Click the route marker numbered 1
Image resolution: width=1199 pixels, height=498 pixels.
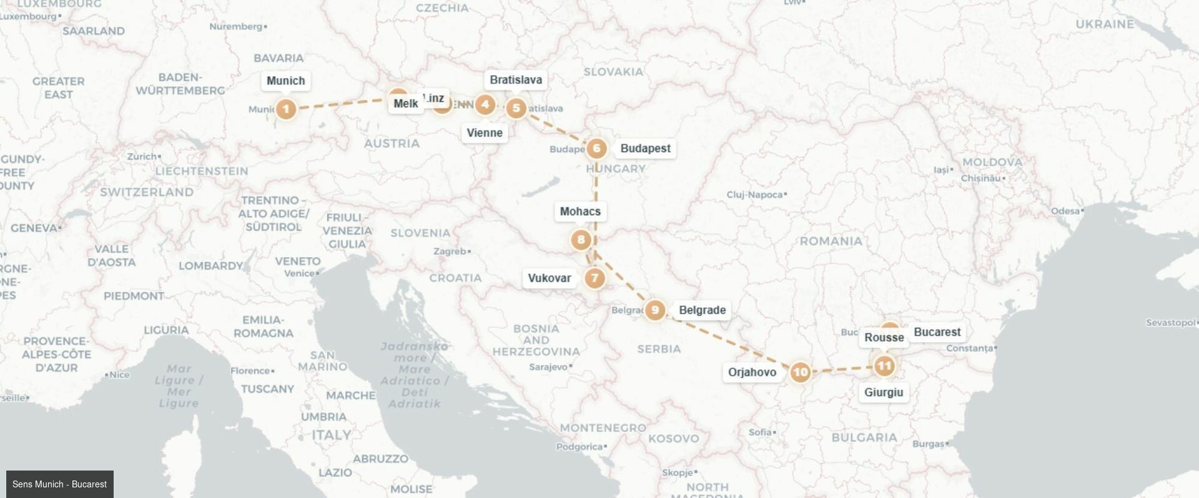[x=286, y=109]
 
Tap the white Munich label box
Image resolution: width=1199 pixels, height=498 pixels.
[x=286, y=81]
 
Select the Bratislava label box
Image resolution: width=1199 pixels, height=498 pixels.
[x=516, y=80]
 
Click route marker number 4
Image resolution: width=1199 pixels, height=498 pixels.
[x=485, y=104]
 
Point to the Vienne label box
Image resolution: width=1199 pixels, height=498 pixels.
[x=485, y=132]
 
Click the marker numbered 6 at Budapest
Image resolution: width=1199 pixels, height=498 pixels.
[x=596, y=148]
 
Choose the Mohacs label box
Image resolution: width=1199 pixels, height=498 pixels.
[x=580, y=212]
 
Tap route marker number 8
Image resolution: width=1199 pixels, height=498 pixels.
[x=581, y=240]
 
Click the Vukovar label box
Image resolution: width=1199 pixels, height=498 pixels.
[x=550, y=278]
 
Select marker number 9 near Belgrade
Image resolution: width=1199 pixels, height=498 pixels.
[x=654, y=310]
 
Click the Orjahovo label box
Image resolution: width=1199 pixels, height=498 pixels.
[x=752, y=373]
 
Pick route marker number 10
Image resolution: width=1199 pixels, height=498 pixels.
[x=800, y=373]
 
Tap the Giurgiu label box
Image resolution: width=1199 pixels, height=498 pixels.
[x=884, y=393]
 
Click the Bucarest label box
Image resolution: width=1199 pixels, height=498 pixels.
[x=937, y=332]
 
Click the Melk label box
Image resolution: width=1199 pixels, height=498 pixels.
[x=406, y=104]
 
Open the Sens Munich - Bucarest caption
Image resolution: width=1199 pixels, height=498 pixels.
[x=59, y=484]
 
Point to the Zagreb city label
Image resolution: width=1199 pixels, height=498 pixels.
[x=450, y=251]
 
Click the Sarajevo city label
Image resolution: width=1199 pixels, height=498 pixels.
[x=548, y=367]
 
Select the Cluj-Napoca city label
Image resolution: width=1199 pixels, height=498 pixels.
[x=754, y=195]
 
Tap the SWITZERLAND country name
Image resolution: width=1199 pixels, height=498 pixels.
[x=147, y=192]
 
